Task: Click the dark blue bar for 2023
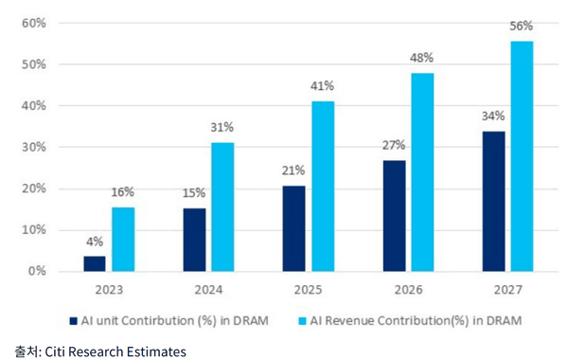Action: (95, 263)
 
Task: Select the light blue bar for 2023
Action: (123, 240)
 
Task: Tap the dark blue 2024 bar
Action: (194, 240)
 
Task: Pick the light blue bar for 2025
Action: (323, 187)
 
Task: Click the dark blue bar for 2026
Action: (395, 216)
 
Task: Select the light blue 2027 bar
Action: (522, 156)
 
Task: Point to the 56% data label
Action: (522, 26)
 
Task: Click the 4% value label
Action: (95, 242)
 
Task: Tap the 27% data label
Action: (394, 145)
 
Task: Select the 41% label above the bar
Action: (322, 86)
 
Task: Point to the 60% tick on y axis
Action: (34, 23)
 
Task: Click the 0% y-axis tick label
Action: (37, 271)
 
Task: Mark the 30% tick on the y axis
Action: (34, 147)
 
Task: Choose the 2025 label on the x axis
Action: (308, 290)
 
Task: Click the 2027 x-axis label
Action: (507, 290)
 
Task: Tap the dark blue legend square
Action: (74, 321)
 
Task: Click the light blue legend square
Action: (302, 321)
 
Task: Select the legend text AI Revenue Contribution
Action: (380, 321)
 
